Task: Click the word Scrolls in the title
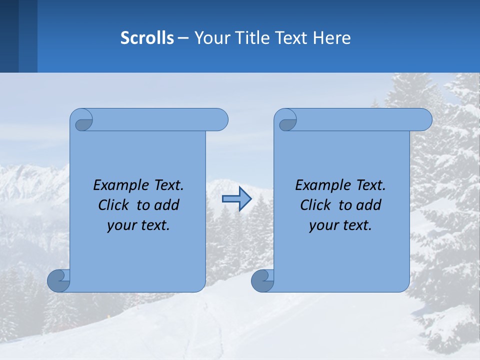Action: click(147, 38)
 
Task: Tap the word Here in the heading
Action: click(332, 38)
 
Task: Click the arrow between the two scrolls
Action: click(236, 199)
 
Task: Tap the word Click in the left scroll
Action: click(115, 205)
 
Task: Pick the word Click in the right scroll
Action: click(317, 205)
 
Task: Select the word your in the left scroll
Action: click(120, 225)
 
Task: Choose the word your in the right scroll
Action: click(322, 225)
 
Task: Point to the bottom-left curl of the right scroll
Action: click(262, 280)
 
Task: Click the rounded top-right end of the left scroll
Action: click(220, 119)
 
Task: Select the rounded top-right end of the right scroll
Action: click(424, 119)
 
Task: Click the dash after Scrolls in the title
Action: click(183, 38)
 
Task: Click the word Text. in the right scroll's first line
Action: click(370, 185)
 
